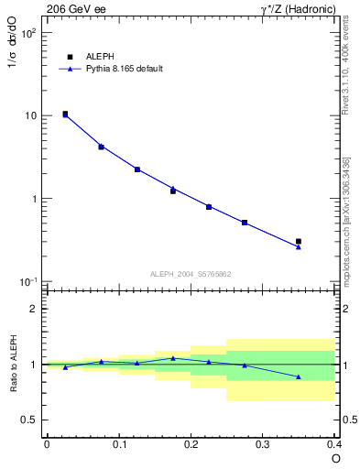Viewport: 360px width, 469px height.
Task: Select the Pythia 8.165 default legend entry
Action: [x=124, y=69]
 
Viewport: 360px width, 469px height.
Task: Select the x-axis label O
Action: [x=335, y=458]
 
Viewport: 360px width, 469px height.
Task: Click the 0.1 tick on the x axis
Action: [x=119, y=444]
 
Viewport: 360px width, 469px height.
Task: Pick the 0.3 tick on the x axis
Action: [x=264, y=444]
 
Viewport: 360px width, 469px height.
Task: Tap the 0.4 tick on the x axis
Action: [x=334, y=444]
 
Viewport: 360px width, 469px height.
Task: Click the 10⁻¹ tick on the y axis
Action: [x=28, y=281]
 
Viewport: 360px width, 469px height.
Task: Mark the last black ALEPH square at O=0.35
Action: [x=299, y=242]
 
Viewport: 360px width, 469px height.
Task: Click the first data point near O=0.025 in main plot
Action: [x=65, y=115]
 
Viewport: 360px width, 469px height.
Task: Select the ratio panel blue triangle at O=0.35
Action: [x=299, y=376]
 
